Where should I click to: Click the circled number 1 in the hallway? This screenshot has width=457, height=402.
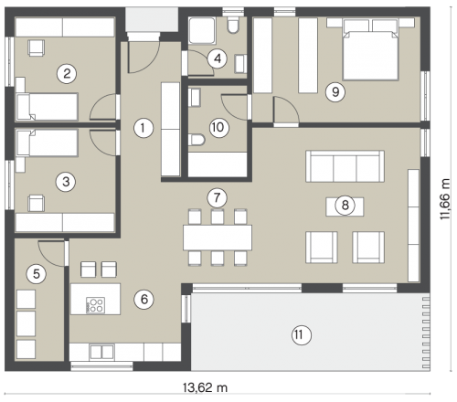[x=143, y=128]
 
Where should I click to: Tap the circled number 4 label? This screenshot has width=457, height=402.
[x=218, y=58]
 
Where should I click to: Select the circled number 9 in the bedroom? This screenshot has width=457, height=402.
[x=335, y=91]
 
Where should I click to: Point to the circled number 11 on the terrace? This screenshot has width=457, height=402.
[x=302, y=335]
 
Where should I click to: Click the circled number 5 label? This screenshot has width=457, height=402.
[x=37, y=274]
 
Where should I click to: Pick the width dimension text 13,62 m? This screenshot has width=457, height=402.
[x=205, y=387]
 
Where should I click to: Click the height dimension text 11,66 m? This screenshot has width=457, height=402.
[x=445, y=199]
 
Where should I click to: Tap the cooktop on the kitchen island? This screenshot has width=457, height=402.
[x=96, y=305]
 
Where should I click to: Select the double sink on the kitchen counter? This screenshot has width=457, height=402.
[x=101, y=352]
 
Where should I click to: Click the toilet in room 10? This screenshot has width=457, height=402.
[x=197, y=140]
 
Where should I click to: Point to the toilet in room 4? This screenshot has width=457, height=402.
[x=234, y=25]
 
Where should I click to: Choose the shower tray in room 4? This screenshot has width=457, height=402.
[x=202, y=31]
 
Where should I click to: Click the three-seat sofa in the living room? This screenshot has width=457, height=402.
[x=345, y=166]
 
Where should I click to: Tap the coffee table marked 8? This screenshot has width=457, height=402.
[x=345, y=206]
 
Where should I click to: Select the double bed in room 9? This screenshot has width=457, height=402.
[x=370, y=49]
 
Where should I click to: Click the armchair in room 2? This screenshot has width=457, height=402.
[x=37, y=48]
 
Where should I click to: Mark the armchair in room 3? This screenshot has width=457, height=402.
[x=37, y=203]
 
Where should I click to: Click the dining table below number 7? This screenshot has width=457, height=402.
[x=218, y=238]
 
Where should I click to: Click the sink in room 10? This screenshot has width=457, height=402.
[x=194, y=98]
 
